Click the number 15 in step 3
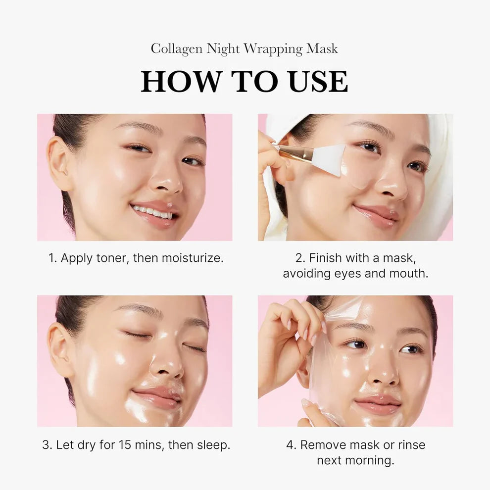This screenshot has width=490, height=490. point(126,444)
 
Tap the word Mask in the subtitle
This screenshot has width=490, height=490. point(324,49)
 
